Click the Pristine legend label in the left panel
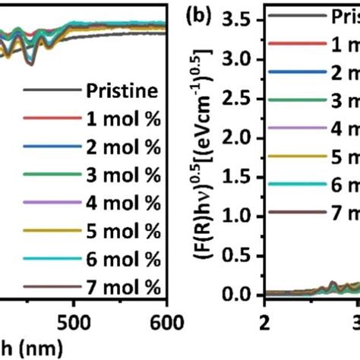click(x=124, y=93)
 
